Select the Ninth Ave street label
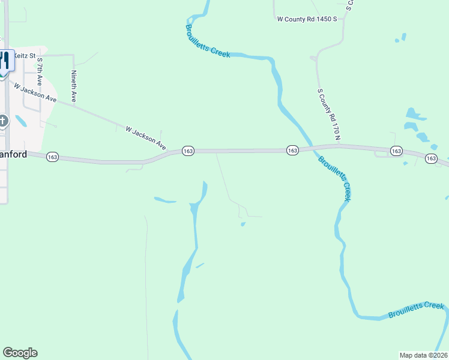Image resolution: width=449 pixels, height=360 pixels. click(x=74, y=86)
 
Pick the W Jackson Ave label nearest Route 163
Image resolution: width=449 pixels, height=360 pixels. click(x=146, y=137)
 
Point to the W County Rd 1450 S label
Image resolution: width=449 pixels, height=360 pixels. click(x=308, y=19)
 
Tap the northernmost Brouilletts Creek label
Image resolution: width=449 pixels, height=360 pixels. click(x=207, y=41)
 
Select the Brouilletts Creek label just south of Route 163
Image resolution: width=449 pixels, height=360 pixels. click(x=334, y=178)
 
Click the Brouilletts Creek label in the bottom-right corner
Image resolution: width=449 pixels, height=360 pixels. click(x=415, y=310)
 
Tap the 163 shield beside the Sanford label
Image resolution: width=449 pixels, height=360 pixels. click(x=52, y=157)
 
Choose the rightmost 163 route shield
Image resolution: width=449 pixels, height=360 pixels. click(x=431, y=158)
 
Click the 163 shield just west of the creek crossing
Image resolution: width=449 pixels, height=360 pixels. click(x=292, y=150)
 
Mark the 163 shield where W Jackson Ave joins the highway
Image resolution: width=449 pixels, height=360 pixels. click(x=188, y=151)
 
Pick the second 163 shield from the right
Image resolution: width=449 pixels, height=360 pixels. click(x=396, y=151)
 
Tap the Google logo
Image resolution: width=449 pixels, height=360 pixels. click(x=20, y=353)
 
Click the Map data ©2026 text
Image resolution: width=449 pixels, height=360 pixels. click(x=423, y=355)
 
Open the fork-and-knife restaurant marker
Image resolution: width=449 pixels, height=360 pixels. click(x=4, y=61)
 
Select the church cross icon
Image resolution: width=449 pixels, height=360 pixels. click(x=4, y=121)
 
